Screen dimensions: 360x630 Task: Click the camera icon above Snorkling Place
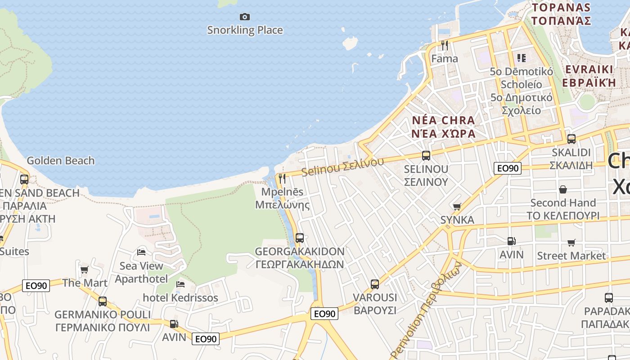244,17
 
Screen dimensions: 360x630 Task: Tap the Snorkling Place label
245,30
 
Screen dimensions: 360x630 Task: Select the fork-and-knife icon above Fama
445,45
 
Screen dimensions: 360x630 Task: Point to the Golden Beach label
61,161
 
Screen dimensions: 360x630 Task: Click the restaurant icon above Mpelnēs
282,178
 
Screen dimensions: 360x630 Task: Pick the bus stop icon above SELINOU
426,156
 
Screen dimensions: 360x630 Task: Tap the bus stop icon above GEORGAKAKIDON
299,238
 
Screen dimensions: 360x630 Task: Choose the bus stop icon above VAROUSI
374,284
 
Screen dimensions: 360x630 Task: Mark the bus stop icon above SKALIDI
571,139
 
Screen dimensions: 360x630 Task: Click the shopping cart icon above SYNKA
457,207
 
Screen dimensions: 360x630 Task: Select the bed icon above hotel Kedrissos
180,284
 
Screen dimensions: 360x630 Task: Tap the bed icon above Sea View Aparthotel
141,252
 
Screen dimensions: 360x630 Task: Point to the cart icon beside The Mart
84,270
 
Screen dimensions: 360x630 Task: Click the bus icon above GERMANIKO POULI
103,301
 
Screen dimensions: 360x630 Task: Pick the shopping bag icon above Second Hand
562,189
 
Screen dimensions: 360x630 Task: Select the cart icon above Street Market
571,243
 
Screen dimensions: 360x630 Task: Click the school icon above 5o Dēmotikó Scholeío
521,58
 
